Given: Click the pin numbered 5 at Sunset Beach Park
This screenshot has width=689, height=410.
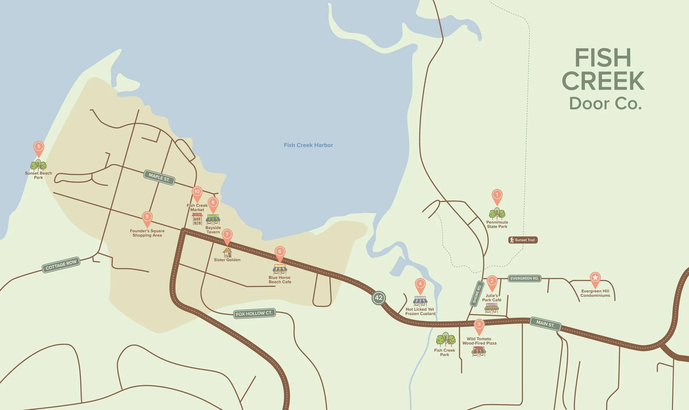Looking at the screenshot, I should (x=39, y=147).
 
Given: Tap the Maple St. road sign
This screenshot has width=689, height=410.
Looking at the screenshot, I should (x=159, y=177).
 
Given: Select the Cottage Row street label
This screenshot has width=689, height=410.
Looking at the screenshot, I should (x=61, y=265).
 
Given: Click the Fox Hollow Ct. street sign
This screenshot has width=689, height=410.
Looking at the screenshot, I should (x=254, y=314).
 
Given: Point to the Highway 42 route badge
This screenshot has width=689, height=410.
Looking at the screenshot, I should (x=378, y=298).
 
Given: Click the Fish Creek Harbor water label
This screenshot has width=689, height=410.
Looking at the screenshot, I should (x=308, y=145).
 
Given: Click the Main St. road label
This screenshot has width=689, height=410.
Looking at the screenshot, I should (x=545, y=324).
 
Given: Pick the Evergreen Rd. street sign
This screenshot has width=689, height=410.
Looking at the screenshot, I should (x=524, y=279).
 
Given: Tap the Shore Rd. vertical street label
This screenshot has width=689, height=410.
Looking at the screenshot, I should (x=477, y=294).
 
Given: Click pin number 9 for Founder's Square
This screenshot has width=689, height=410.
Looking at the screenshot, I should (x=147, y=218).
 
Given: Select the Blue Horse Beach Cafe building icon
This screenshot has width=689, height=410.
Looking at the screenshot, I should (x=280, y=269).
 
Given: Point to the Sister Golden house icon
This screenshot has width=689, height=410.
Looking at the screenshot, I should (x=227, y=252).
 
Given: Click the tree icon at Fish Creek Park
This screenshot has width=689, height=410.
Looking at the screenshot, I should (x=445, y=340).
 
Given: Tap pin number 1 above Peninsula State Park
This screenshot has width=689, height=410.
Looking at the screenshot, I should (x=497, y=195).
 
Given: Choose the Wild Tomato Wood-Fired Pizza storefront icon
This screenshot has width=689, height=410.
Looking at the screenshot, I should (x=479, y=351).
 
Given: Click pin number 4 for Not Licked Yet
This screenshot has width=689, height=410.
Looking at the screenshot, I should (x=420, y=284).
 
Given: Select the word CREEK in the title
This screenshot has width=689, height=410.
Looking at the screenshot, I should (x=603, y=81).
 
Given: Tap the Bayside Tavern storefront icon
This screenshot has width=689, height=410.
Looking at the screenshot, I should (x=213, y=220).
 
